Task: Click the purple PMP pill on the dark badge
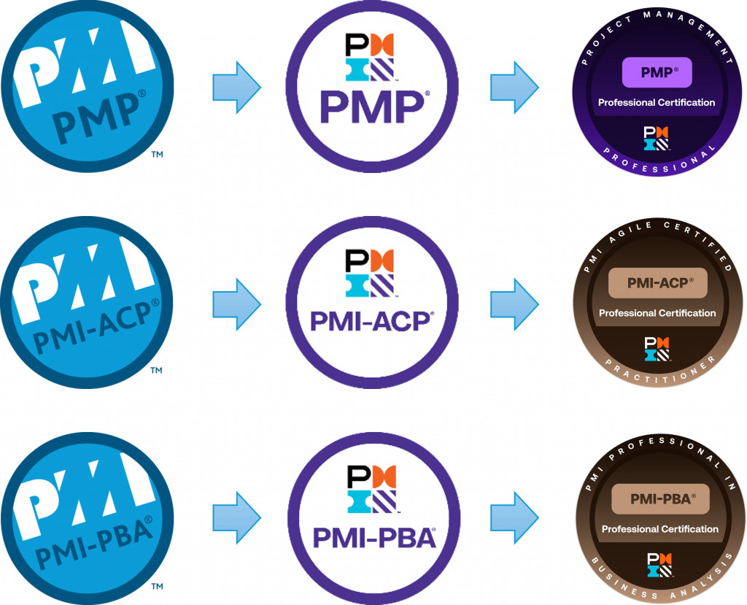(x=657, y=72)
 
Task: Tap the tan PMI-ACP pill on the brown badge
(x=657, y=282)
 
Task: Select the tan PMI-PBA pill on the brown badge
(x=659, y=498)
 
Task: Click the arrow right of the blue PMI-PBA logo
(x=236, y=515)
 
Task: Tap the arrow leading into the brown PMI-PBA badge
(x=514, y=515)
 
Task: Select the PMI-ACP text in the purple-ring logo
(x=371, y=320)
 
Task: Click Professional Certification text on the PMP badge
(x=657, y=103)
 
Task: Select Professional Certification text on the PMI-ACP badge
(x=657, y=313)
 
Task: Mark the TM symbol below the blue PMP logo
(x=156, y=155)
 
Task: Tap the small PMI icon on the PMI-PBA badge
(x=658, y=563)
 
